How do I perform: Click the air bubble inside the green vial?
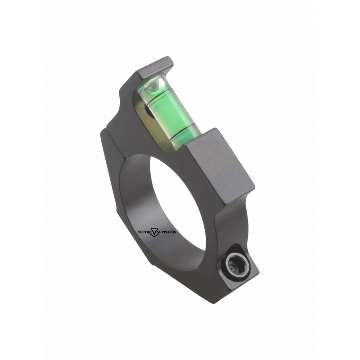point(154,85)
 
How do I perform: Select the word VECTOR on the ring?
point(144,232)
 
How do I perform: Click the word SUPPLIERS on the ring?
point(167,232)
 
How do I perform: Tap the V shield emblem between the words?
point(154,233)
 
